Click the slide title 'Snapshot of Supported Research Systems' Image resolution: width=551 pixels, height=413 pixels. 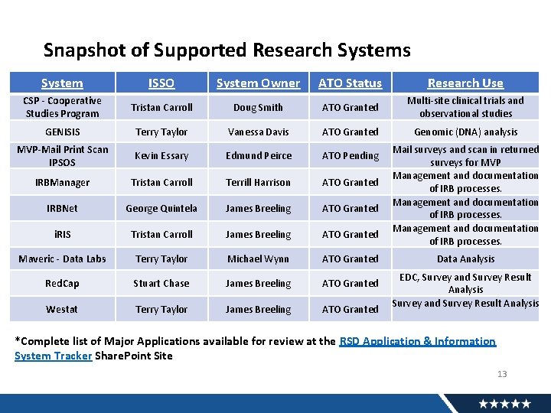[x=227, y=50]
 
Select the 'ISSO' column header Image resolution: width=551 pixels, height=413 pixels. [x=161, y=83]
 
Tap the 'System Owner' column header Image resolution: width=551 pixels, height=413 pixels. [x=258, y=83]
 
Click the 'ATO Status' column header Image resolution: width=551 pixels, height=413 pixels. [x=350, y=83]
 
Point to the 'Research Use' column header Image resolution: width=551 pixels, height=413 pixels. [x=465, y=83]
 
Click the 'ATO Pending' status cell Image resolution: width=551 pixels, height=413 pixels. [x=350, y=156]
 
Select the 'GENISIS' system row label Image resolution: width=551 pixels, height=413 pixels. [x=62, y=132]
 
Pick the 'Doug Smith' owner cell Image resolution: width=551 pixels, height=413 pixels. [x=258, y=108]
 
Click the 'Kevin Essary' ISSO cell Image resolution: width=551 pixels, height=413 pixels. [x=161, y=156]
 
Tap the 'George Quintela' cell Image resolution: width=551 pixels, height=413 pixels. [x=161, y=209]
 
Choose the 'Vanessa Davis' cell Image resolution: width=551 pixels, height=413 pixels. [x=258, y=132]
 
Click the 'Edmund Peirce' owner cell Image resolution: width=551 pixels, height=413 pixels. [x=258, y=156]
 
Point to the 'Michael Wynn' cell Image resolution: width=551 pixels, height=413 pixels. [x=258, y=259]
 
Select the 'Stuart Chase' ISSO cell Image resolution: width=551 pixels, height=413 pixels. [x=161, y=284]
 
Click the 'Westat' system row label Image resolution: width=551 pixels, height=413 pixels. [x=62, y=310]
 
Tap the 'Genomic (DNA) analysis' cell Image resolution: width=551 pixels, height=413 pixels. [x=465, y=132]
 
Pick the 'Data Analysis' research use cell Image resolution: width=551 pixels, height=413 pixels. [x=465, y=259]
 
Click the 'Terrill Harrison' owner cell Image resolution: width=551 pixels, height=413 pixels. [x=258, y=183]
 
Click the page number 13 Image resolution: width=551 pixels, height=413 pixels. [x=502, y=374]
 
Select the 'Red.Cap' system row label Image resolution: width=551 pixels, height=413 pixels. [x=62, y=284]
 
